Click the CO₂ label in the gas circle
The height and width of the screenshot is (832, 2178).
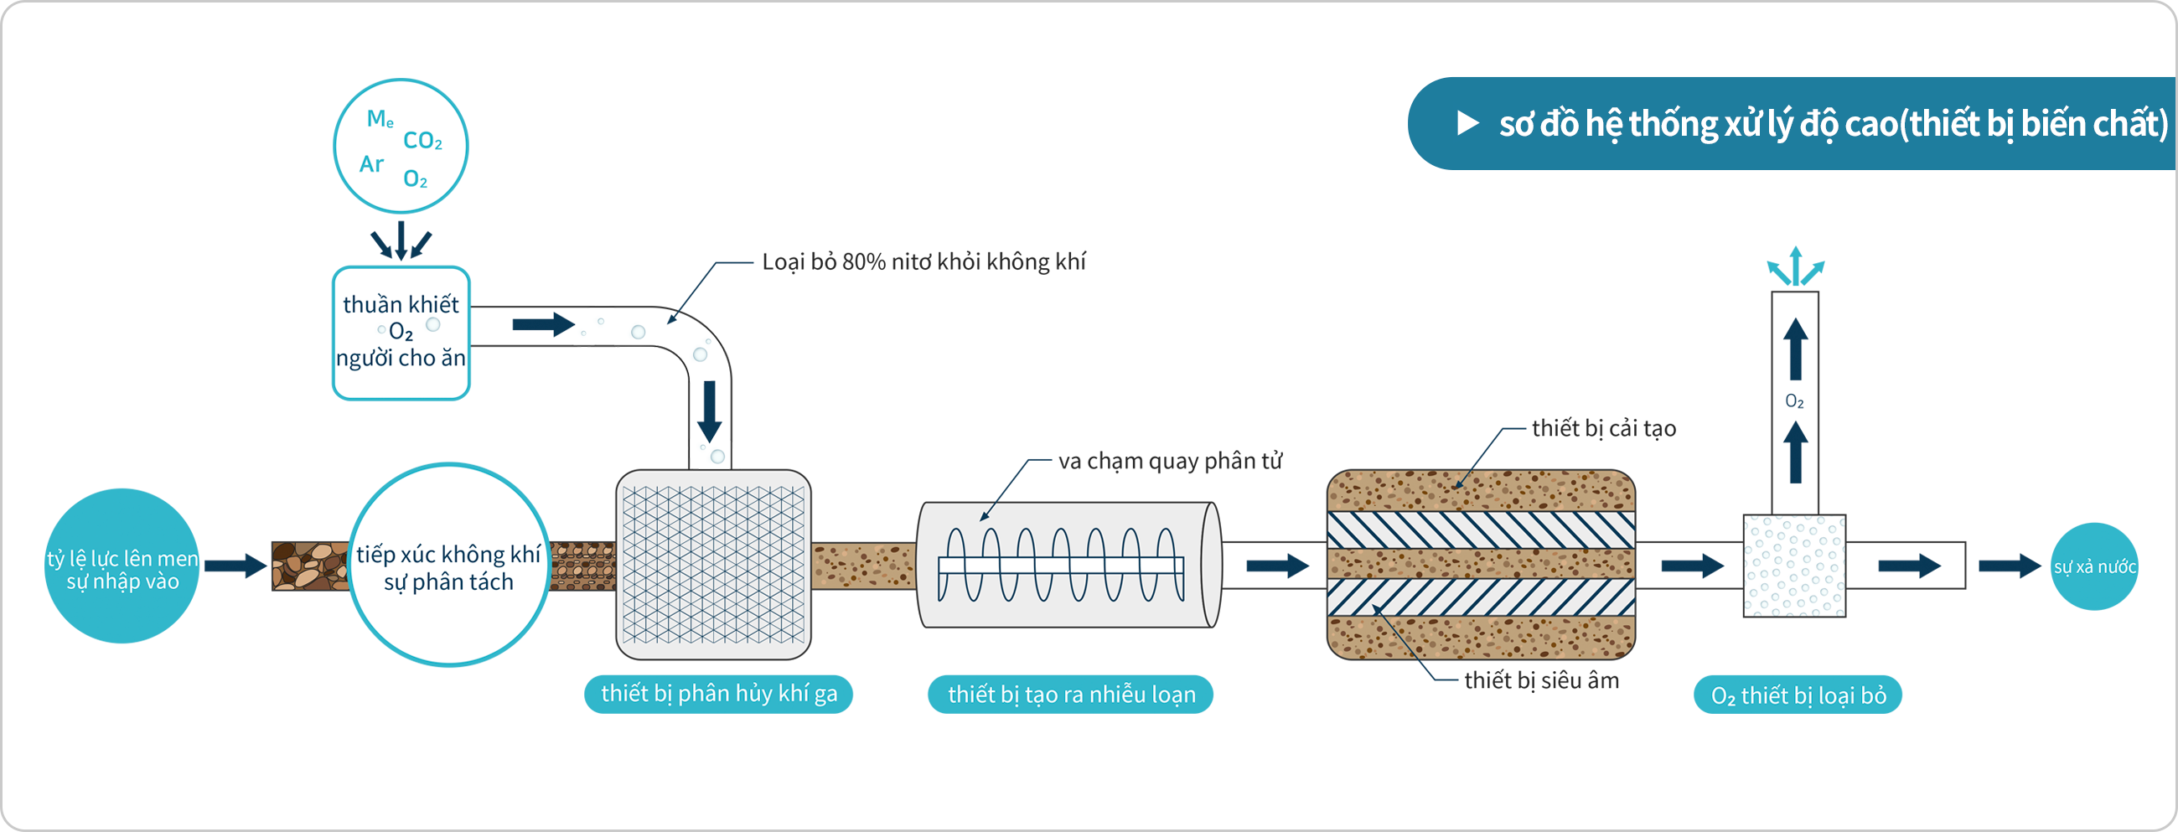point(422,141)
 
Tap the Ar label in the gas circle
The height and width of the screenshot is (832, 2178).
point(371,164)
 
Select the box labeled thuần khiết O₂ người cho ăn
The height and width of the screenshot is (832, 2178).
point(401,333)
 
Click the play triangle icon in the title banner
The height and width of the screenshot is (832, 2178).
point(1468,123)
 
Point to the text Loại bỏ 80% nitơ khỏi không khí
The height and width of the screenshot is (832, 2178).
point(923,262)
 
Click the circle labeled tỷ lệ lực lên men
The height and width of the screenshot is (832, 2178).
point(122,566)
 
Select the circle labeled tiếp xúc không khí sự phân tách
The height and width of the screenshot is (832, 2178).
point(449,566)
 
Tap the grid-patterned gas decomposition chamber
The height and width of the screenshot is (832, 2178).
point(713,565)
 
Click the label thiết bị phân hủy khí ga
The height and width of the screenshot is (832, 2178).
point(719,695)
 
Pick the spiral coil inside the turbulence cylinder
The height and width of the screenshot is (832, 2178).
point(1060,565)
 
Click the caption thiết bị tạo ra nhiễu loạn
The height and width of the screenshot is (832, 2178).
point(1070,695)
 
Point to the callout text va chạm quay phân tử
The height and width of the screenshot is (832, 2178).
point(1170,462)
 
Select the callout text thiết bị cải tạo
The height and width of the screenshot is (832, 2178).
point(1603,429)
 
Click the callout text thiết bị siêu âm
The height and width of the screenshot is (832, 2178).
point(1540,680)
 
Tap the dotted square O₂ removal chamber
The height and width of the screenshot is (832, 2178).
point(1794,566)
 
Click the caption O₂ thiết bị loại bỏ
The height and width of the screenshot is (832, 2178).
point(1798,696)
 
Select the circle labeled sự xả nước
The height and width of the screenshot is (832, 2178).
point(2094,566)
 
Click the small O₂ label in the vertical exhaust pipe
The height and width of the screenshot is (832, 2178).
point(1794,401)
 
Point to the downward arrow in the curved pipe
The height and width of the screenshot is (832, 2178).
point(709,411)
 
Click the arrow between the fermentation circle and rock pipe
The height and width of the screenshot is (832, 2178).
point(235,566)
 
